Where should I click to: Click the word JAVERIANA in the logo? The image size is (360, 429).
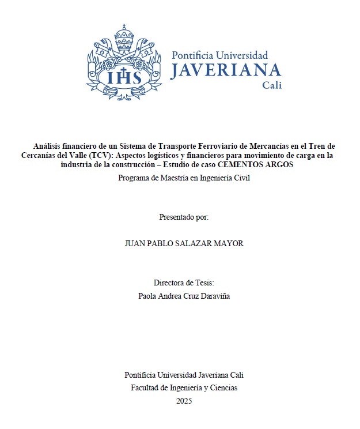pyautogui.click(x=226, y=70)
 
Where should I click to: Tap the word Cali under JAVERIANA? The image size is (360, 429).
pyautogui.click(x=272, y=85)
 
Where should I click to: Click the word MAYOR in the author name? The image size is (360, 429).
pyautogui.click(x=229, y=243)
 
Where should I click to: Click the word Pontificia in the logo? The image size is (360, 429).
pyautogui.click(x=194, y=55)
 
